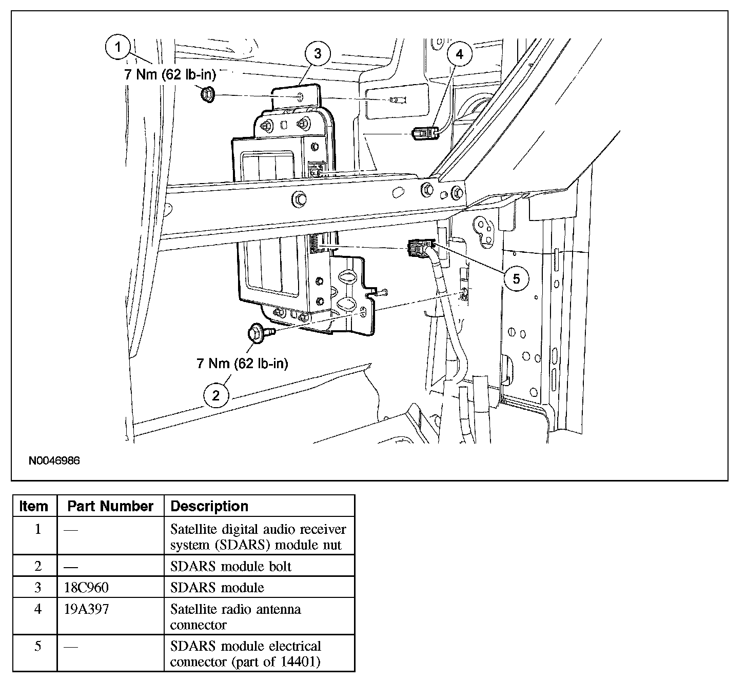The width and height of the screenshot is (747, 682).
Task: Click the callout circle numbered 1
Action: click(119, 48)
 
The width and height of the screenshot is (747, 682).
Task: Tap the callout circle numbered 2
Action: click(216, 395)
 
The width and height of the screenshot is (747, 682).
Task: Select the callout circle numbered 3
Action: click(318, 53)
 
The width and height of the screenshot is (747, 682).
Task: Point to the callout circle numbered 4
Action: click(459, 54)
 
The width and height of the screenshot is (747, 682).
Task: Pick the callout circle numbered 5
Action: click(516, 278)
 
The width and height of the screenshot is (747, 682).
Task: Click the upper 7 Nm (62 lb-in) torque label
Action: click(170, 75)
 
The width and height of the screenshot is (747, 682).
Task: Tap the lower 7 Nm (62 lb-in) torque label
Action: click(242, 364)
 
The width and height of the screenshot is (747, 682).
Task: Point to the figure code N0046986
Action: click(54, 461)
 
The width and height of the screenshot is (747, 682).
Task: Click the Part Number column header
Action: click(110, 506)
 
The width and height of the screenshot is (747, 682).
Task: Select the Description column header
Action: click(209, 506)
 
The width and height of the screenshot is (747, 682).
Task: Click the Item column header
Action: click(34, 506)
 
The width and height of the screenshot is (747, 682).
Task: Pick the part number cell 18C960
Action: click(87, 587)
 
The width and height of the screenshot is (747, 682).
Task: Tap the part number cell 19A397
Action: click(87, 609)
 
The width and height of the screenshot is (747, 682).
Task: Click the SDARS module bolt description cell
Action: click(231, 566)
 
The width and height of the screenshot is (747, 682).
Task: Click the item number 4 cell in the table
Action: click(37, 610)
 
